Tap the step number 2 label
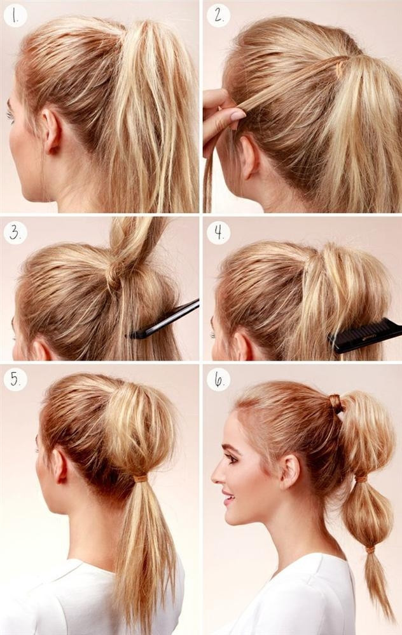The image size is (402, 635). click(x=219, y=16)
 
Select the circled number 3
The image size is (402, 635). click(x=15, y=233)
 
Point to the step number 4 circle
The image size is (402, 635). click(x=219, y=233)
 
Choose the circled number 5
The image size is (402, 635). click(x=15, y=380)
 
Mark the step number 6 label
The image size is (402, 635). click(x=219, y=380)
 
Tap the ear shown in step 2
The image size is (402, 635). click(x=248, y=157)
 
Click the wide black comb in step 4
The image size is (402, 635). click(x=365, y=335)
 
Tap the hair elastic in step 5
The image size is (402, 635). click(x=141, y=479)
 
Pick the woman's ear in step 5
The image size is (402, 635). click(x=60, y=465)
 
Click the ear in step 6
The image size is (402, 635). click(x=290, y=472)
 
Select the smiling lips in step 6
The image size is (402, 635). click(x=228, y=497)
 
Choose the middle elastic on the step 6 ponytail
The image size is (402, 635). click(x=361, y=479)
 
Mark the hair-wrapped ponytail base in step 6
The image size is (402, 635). click(x=335, y=404)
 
